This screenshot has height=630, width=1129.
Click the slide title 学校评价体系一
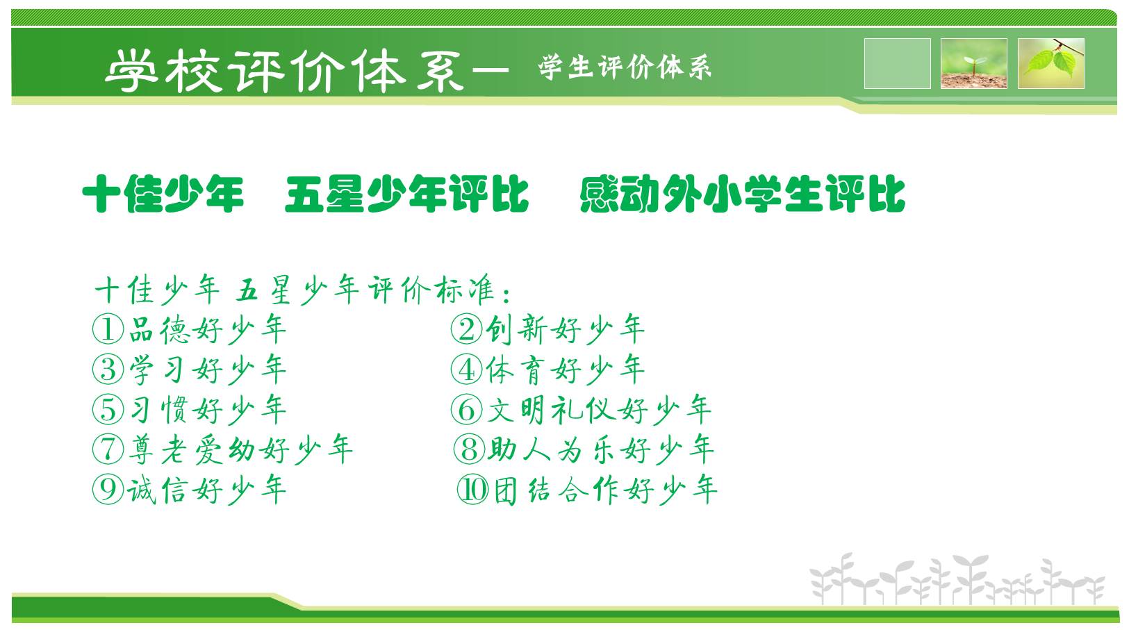click(306, 71)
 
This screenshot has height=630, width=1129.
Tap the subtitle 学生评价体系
click(625, 67)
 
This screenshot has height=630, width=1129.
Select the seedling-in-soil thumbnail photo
click(974, 63)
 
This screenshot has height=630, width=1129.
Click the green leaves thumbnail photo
click(1051, 63)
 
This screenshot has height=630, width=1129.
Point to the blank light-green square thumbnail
click(897, 63)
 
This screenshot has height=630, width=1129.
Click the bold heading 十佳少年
click(163, 194)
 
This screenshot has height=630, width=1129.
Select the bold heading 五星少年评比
click(406, 194)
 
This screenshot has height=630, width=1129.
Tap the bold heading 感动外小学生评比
click(743, 194)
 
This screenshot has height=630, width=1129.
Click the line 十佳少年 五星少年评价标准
click(302, 290)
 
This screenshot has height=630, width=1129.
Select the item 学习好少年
click(208, 370)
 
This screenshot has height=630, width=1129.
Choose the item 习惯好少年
click(208, 409)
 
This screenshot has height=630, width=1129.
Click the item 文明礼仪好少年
click(599, 409)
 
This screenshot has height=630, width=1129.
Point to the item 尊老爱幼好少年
click(241, 449)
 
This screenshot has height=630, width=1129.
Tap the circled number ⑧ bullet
click(469, 449)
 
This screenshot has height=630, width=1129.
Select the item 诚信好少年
click(206, 490)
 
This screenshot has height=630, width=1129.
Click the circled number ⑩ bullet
click(472, 490)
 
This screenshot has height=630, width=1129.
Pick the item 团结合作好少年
click(605, 490)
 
